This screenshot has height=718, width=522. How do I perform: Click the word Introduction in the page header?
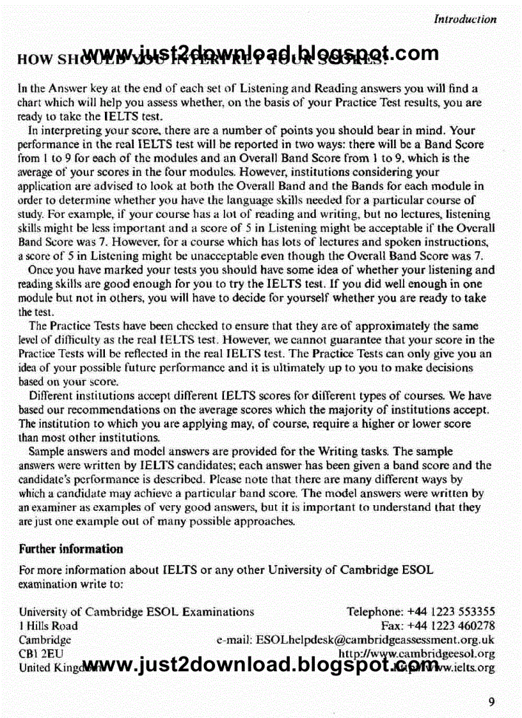click(465, 19)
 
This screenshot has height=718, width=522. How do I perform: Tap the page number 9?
click(491, 702)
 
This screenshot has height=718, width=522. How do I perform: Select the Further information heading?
click(71, 549)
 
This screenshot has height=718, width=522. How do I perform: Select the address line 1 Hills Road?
click(48, 626)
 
